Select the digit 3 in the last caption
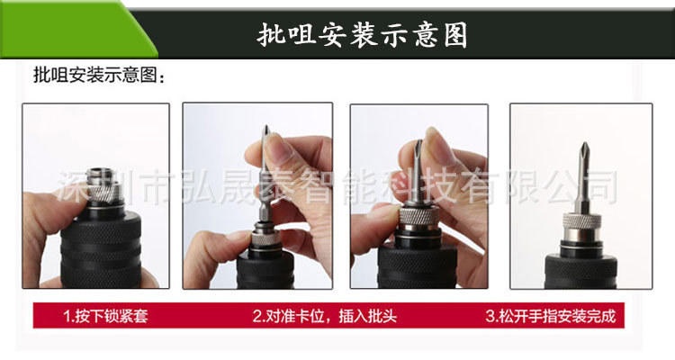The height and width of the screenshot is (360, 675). [x=490, y=316]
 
